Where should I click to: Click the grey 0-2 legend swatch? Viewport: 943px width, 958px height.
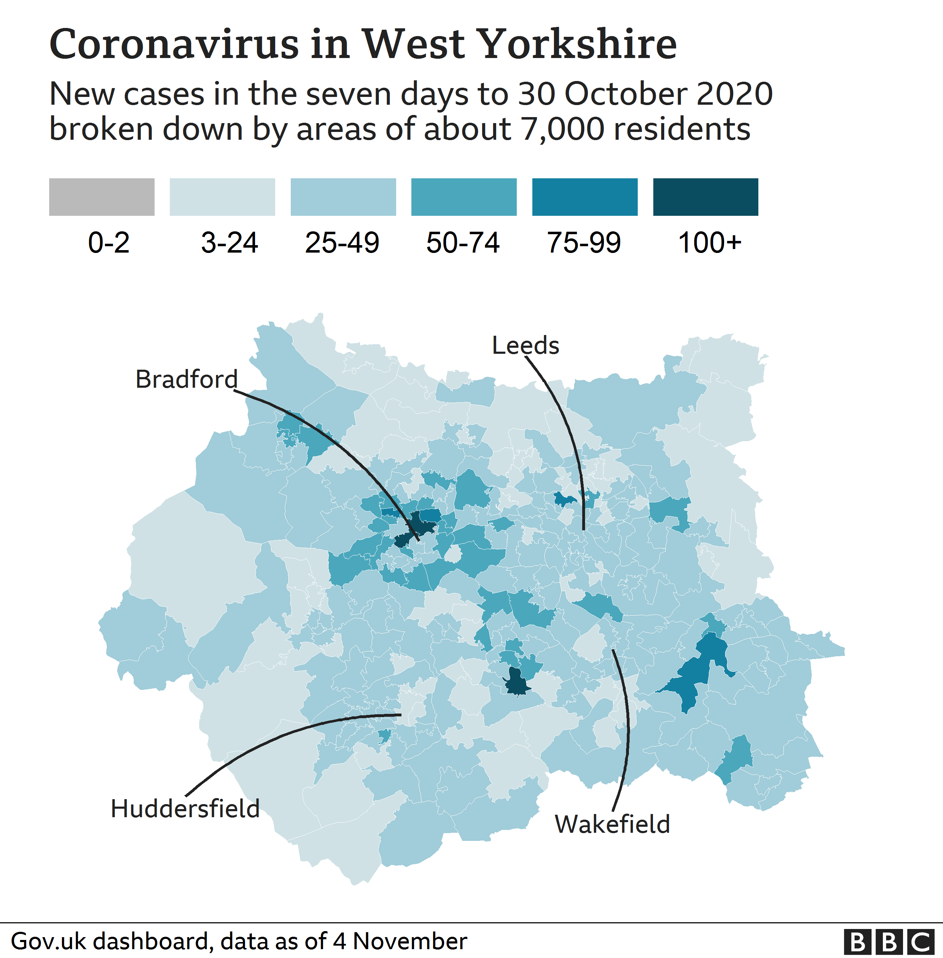102,197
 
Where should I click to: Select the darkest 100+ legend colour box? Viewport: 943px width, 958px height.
705,197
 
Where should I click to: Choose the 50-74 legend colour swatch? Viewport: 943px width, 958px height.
464,197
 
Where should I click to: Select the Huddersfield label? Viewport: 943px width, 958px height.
185,808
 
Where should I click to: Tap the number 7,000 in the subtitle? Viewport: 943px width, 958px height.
562,129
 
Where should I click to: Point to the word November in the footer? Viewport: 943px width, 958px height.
410,941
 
